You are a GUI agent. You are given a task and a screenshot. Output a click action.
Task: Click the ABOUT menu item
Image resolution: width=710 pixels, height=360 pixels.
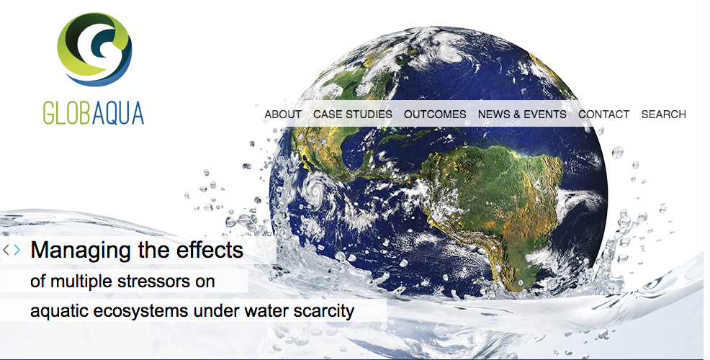tap(283, 114)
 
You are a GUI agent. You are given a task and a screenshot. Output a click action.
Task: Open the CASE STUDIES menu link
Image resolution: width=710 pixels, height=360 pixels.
tap(353, 114)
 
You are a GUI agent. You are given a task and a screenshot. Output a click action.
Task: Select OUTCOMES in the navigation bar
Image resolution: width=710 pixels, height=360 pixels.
tap(435, 114)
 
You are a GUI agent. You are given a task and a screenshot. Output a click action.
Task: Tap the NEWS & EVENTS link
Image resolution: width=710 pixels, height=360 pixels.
tap(522, 114)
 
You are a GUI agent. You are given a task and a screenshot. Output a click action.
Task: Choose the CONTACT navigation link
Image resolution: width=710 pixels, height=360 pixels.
tap(604, 114)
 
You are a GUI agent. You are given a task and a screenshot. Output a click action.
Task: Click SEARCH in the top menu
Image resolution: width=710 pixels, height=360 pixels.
tap(664, 114)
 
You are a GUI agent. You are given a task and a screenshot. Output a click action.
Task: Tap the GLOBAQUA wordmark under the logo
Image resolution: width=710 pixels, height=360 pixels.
tap(94, 113)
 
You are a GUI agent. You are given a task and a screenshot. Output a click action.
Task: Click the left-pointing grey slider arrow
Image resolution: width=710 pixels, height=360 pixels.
tap(6, 250)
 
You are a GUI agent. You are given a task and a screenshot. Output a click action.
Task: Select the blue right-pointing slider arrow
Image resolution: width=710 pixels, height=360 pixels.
tap(17, 250)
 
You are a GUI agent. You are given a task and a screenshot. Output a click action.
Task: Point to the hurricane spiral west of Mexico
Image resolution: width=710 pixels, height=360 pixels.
tap(315, 190)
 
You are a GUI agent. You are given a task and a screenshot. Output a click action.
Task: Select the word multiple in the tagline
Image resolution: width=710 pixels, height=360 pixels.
tap(82, 282)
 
